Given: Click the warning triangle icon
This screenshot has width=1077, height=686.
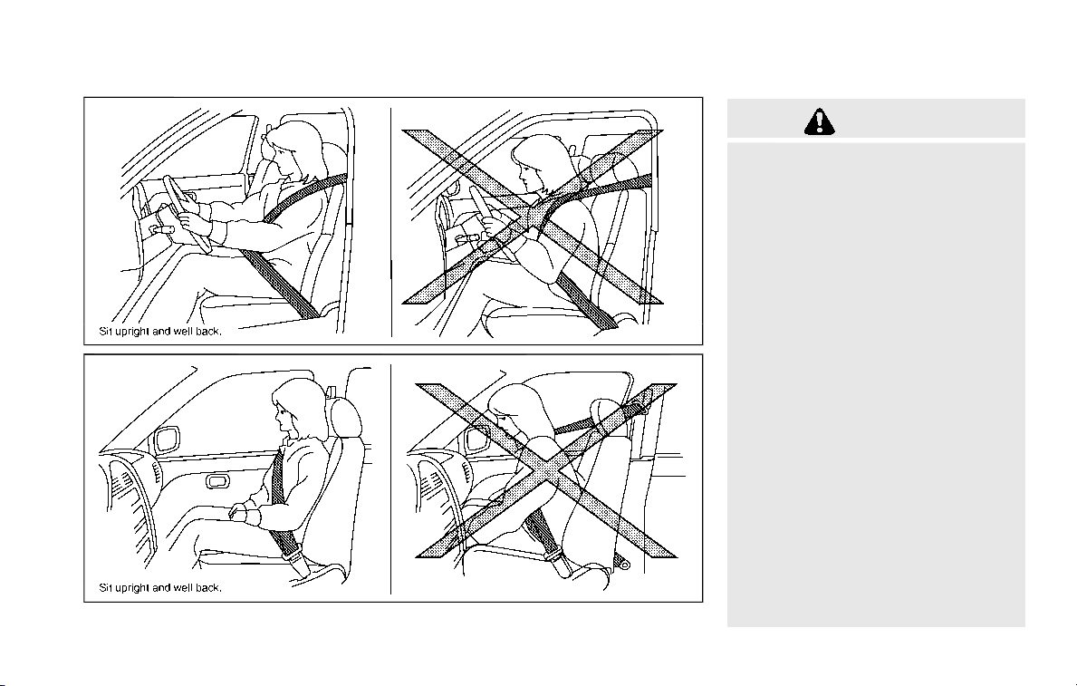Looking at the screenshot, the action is [820, 121].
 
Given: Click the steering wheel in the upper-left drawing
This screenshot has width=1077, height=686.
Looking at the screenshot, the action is [186, 214].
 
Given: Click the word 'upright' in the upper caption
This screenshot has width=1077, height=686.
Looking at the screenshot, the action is [132, 332].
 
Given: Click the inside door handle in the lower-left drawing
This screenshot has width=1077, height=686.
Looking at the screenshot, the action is [218, 480].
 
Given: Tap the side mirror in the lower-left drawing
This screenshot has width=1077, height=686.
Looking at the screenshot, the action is [167, 440].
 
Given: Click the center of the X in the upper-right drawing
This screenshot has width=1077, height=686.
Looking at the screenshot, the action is [533, 217].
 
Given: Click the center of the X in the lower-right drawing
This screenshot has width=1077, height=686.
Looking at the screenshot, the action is [547, 471].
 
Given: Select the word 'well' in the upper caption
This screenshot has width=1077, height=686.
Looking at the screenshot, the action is [183, 332].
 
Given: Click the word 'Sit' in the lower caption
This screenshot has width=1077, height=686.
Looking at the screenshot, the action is [106, 588].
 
